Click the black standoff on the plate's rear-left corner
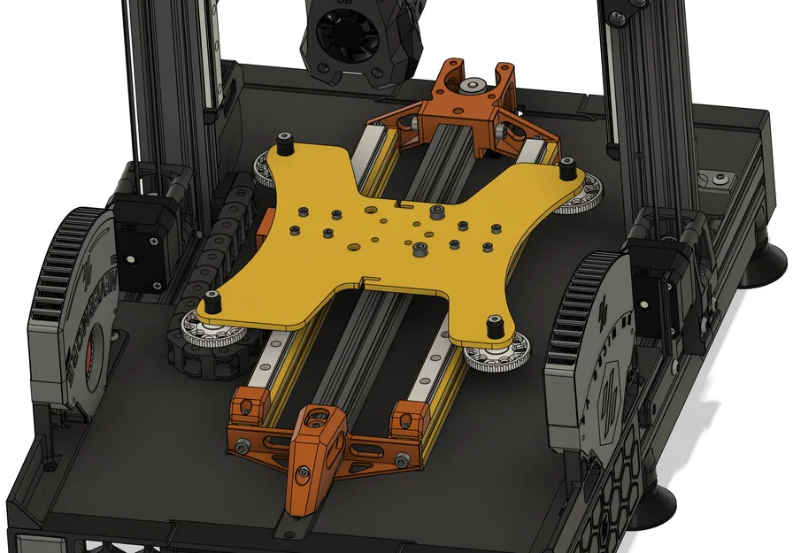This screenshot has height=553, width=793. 285,142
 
